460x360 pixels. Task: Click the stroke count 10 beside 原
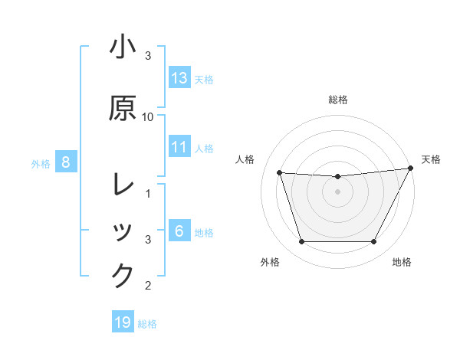tap(148, 116)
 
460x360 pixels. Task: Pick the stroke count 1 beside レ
tap(148, 194)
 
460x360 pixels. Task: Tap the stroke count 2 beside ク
tap(148, 286)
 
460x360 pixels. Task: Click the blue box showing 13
tap(179, 78)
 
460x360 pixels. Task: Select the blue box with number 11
tap(179, 147)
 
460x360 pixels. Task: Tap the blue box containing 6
tap(179, 231)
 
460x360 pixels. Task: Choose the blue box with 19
tap(123, 322)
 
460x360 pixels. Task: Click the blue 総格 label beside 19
tap(147, 324)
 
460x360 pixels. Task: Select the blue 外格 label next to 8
tap(41, 163)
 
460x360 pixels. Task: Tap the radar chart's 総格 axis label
tap(338, 100)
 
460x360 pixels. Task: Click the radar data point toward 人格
tap(279, 172)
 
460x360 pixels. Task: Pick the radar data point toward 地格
tap(374, 242)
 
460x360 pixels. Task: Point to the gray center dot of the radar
tap(337, 191)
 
